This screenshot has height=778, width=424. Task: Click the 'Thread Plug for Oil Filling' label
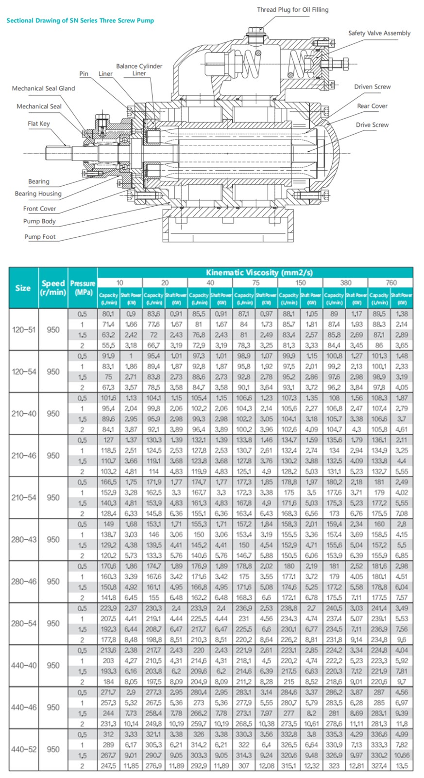(292, 10)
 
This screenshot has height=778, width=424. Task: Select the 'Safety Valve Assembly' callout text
(379, 33)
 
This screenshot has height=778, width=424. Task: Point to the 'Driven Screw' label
(372, 87)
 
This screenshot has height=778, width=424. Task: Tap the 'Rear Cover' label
(372, 106)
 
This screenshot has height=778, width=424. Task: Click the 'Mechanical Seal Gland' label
(43, 88)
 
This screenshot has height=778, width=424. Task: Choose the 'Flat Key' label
(39, 124)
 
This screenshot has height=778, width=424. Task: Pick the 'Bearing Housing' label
(38, 194)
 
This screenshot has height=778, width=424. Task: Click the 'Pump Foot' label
(40, 237)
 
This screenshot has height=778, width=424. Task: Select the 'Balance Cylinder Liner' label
(139, 70)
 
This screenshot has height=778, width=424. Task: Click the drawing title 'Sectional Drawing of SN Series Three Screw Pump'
(80, 20)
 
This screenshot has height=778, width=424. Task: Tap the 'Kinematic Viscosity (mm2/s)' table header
(259, 272)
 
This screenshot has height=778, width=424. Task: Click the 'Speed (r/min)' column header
(53, 287)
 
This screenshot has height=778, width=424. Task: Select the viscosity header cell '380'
(345, 283)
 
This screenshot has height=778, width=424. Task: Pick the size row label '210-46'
(24, 456)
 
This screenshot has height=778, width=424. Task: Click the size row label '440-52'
(24, 749)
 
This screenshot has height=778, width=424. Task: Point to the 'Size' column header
(23, 288)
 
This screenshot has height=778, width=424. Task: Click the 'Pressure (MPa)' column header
(83, 287)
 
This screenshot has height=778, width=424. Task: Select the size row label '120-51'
(24, 330)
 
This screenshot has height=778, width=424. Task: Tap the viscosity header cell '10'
(119, 283)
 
